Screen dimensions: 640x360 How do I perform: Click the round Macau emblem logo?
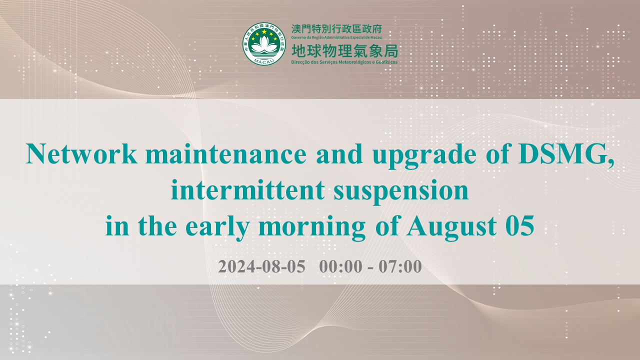(x=264, y=43)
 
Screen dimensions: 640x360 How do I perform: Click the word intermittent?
(x=247, y=189)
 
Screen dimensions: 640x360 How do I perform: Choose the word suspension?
(x=401, y=191)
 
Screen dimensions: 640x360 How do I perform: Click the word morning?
(x=312, y=228)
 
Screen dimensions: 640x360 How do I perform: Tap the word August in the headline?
(x=451, y=228)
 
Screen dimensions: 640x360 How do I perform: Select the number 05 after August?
(x=519, y=226)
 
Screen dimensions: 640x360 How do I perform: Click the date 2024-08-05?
(x=261, y=266)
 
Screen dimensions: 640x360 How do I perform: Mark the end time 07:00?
(x=400, y=266)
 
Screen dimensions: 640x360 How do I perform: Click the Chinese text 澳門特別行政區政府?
(x=336, y=29)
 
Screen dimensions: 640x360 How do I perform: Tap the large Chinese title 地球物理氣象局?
(x=344, y=51)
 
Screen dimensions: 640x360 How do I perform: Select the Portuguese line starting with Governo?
(x=336, y=37)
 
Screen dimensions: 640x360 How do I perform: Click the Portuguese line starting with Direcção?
(x=344, y=62)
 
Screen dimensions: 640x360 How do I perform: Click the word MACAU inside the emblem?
(x=264, y=61)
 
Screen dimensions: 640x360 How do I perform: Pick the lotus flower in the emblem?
(x=264, y=45)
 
